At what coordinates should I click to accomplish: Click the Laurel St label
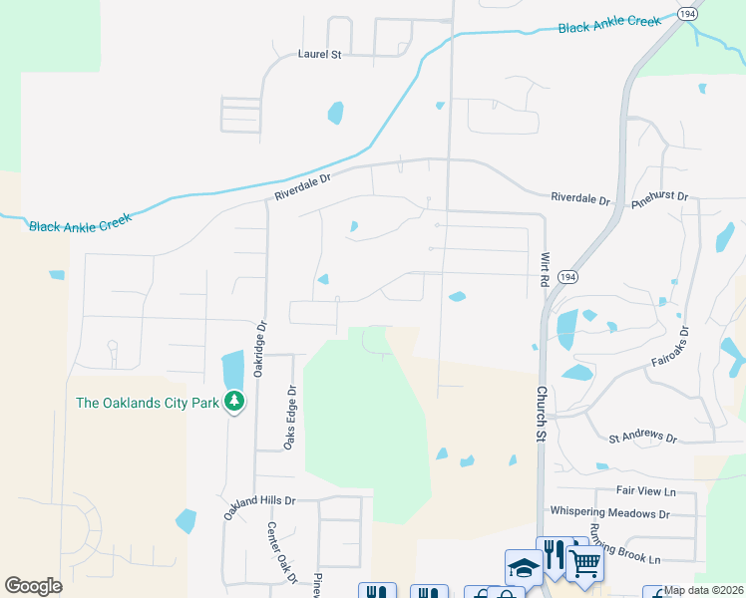[x=320, y=55]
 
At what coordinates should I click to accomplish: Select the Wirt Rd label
[x=546, y=269]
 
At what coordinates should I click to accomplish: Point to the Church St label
[x=542, y=414]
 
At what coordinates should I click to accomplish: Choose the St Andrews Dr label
[x=643, y=439]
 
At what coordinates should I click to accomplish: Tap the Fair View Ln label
[x=646, y=490]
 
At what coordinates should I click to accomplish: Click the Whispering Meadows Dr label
[x=610, y=512]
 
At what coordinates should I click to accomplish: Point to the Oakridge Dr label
[x=260, y=346]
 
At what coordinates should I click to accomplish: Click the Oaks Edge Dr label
[x=291, y=418]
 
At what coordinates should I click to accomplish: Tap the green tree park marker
[x=235, y=402]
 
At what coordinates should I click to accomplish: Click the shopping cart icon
[x=584, y=564]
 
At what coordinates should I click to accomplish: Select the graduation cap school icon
[x=524, y=567]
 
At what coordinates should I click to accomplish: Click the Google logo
[x=33, y=586]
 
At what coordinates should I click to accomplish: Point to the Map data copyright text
[x=704, y=590]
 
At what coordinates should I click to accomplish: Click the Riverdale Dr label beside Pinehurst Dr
[x=580, y=199]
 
